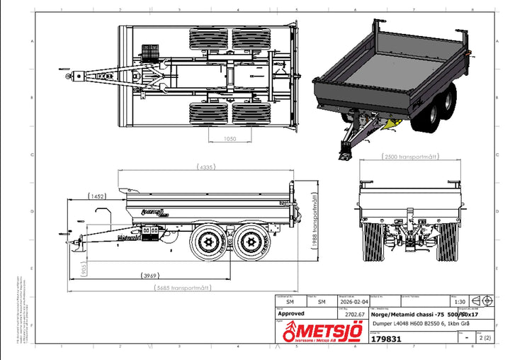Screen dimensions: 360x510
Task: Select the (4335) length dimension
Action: point(207,167)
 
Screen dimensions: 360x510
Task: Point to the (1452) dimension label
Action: point(98,196)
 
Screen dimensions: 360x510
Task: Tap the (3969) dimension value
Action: point(149,275)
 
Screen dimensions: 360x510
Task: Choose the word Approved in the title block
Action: point(292,313)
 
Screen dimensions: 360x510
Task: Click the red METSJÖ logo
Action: point(322,332)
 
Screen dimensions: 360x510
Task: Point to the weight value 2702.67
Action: point(353,314)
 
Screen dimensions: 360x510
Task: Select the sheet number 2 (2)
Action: point(484,338)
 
